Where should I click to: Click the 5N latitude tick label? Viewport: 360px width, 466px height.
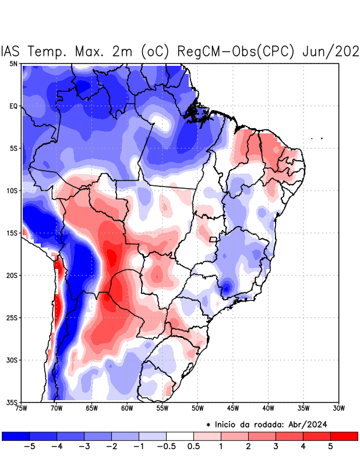pyautogui.click(x=13, y=63)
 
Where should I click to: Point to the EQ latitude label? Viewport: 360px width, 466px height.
pyautogui.click(x=13, y=106)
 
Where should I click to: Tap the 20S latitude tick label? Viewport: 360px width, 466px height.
pyautogui.click(x=12, y=276)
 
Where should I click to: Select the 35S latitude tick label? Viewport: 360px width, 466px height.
pyautogui.click(x=12, y=403)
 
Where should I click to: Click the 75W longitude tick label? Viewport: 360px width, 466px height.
pyautogui.click(x=22, y=408)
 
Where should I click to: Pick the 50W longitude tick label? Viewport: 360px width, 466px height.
pyautogui.click(x=197, y=408)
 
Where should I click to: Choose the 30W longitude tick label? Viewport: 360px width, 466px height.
pyautogui.click(x=338, y=408)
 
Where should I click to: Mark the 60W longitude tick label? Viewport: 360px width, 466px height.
pyautogui.click(x=126, y=408)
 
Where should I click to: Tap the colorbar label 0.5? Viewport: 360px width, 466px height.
pyautogui.click(x=194, y=446)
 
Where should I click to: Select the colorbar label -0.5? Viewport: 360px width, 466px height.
pyautogui.click(x=165, y=446)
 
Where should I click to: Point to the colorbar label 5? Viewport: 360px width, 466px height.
pyautogui.click(x=330, y=446)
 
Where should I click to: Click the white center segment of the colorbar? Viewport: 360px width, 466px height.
pyautogui.click(x=179, y=436)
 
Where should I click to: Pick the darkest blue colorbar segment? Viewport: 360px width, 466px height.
pyautogui.click(x=15, y=436)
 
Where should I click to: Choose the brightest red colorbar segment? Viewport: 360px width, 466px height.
pyautogui.click(x=344, y=436)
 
